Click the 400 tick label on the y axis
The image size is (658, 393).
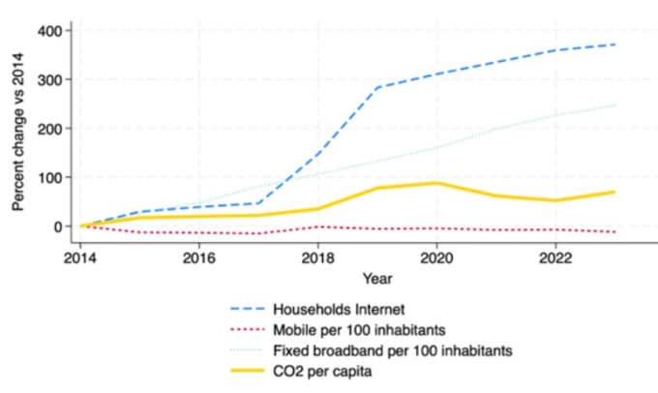[49, 31]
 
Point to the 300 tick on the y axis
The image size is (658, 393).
[49, 79]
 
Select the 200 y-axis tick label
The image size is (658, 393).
[49, 129]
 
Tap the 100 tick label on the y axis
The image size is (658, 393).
[49, 177]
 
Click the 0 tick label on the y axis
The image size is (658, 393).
[58, 227]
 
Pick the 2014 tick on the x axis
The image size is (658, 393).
[81, 259]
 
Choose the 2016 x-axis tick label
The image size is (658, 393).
[199, 259]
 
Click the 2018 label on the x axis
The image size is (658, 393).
[318, 259]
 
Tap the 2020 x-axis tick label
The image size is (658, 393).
[436, 259]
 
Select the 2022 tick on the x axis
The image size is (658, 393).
[554, 259]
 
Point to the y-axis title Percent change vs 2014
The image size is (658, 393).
[17, 130]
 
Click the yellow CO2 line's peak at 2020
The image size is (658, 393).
[436, 183]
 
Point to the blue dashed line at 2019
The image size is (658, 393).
[377, 87]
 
